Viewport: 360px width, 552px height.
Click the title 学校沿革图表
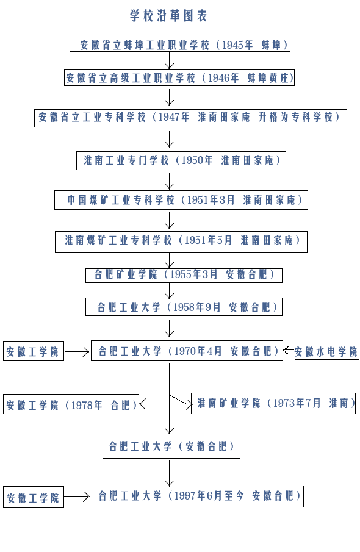169,16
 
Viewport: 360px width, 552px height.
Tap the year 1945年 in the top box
237,45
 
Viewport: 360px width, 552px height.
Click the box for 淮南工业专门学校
181,160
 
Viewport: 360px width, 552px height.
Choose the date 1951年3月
211,200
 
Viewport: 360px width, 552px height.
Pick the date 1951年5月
208,240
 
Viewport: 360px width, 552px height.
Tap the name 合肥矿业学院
126,274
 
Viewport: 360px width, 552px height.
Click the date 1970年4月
198,351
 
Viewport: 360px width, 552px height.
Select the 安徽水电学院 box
327,351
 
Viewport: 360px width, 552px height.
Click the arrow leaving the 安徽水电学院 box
289,350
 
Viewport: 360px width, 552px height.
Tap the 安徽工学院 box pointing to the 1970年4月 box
34,351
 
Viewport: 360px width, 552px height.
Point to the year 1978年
87,405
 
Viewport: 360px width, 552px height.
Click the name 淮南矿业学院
229,403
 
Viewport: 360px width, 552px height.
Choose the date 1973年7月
297,403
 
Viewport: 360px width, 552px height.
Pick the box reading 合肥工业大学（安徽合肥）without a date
171,448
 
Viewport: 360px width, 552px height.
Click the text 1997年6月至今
209,496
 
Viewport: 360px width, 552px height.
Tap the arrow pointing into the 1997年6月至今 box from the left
76,496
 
